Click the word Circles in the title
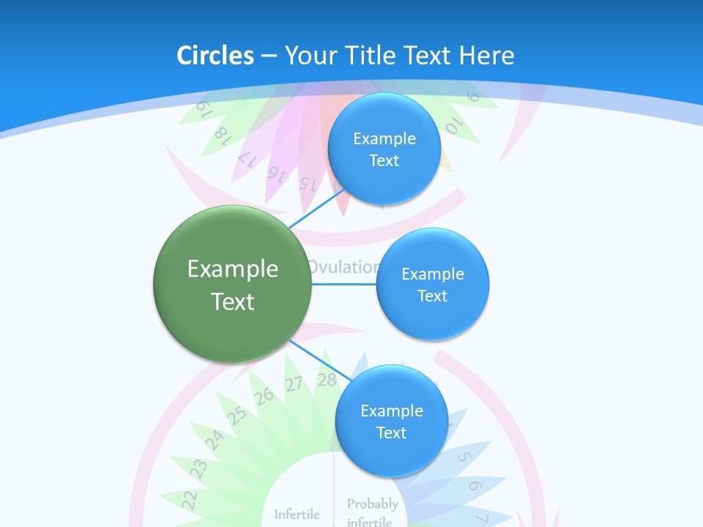pyautogui.click(x=215, y=56)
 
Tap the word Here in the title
pyautogui.click(x=486, y=56)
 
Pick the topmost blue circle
pyautogui.click(x=384, y=149)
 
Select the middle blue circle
pyautogui.click(x=432, y=284)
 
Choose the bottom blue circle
pyautogui.click(x=391, y=421)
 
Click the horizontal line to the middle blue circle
pyautogui.click(x=344, y=284)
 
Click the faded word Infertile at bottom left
pyautogui.click(x=297, y=515)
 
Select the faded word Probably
pyautogui.click(x=372, y=504)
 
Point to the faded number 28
pyautogui.click(x=327, y=380)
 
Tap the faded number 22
pyautogui.click(x=190, y=499)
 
